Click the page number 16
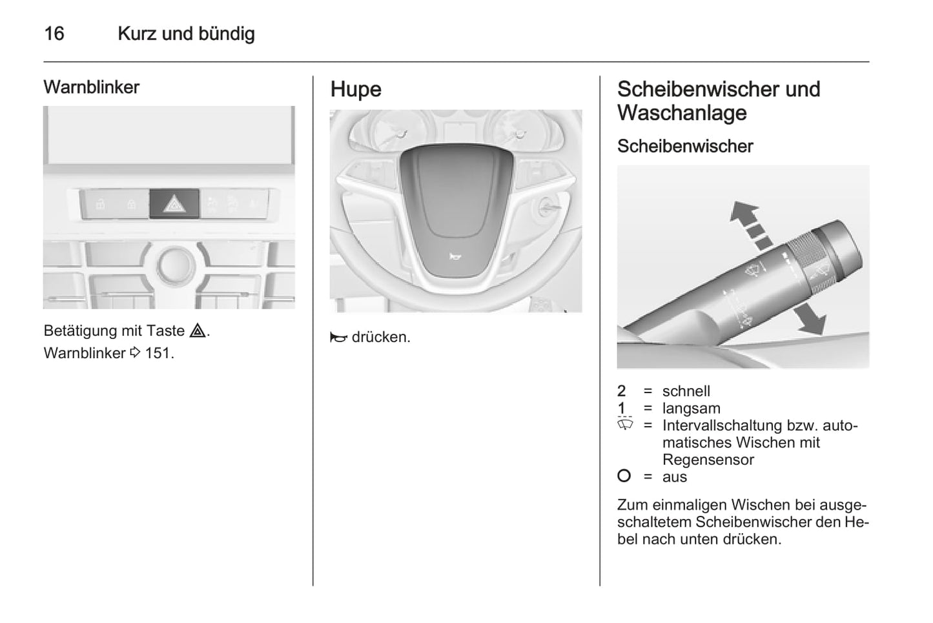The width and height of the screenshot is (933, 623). tap(54, 34)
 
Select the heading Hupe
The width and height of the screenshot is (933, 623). tap(356, 89)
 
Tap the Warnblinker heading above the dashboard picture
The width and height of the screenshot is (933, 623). tap(91, 87)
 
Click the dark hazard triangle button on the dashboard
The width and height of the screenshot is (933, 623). tap(174, 205)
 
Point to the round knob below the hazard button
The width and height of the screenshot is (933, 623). tap(175, 264)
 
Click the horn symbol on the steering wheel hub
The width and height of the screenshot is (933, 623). tap(455, 257)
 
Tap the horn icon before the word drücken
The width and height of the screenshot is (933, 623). tap(338, 338)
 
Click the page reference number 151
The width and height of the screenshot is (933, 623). tap(158, 353)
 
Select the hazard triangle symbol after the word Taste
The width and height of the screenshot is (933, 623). tap(198, 331)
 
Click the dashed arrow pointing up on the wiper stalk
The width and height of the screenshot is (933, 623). tap(750, 223)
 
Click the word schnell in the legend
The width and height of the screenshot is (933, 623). tap(686, 391)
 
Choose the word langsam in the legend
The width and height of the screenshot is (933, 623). tap(691, 409)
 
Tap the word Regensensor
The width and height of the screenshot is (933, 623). tap(708, 460)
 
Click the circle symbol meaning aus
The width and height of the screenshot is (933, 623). tap(624, 476)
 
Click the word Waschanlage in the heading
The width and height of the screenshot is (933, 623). tap(682, 113)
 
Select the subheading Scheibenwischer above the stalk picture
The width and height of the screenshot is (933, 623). tap(685, 146)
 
